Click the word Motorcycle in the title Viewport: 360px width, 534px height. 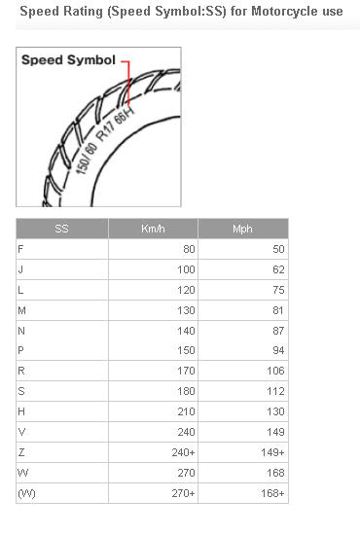point(285,12)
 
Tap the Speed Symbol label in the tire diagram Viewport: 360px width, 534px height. point(68,60)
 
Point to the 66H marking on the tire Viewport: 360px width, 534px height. point(125,116)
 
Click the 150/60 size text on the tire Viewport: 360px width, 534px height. point(87,159)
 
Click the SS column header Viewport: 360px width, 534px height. point(61,229)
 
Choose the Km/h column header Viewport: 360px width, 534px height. point(153,229)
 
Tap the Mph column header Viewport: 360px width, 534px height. point(242,229)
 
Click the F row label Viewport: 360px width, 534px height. point(20,249)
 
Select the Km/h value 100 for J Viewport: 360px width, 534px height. point(186,269)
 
